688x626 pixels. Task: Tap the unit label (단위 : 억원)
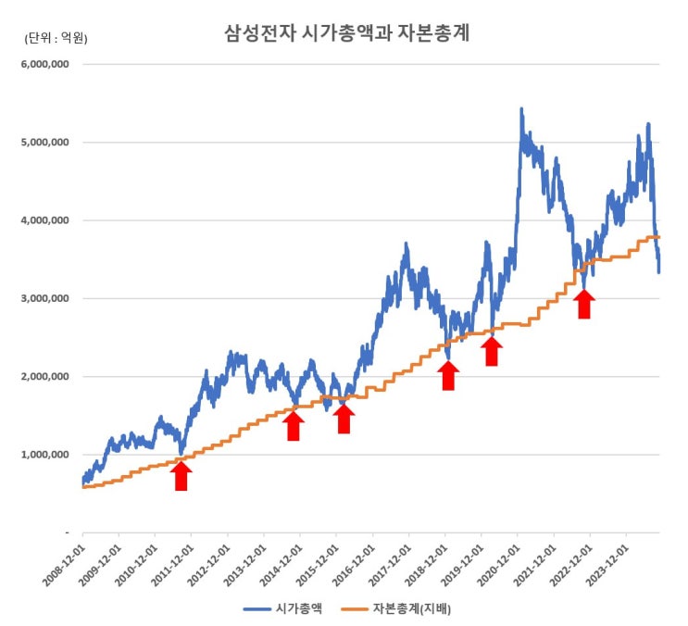click(56, 38)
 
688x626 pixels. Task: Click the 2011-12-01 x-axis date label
click(170, 564)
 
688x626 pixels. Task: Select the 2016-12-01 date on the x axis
click(352, 564)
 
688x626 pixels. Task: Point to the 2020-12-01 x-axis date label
click(497, 564)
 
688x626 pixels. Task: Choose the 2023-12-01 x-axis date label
click(606, 564)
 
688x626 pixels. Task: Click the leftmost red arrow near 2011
click(181, 475)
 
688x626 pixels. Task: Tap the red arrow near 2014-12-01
click(294, 426)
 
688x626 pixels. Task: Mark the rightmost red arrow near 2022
click(583, 304)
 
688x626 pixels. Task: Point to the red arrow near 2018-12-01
click(448, 375)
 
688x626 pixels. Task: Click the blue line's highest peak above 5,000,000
click(521, 109)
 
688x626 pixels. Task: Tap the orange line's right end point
click(658, 237)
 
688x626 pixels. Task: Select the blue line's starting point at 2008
click(82, 482)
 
